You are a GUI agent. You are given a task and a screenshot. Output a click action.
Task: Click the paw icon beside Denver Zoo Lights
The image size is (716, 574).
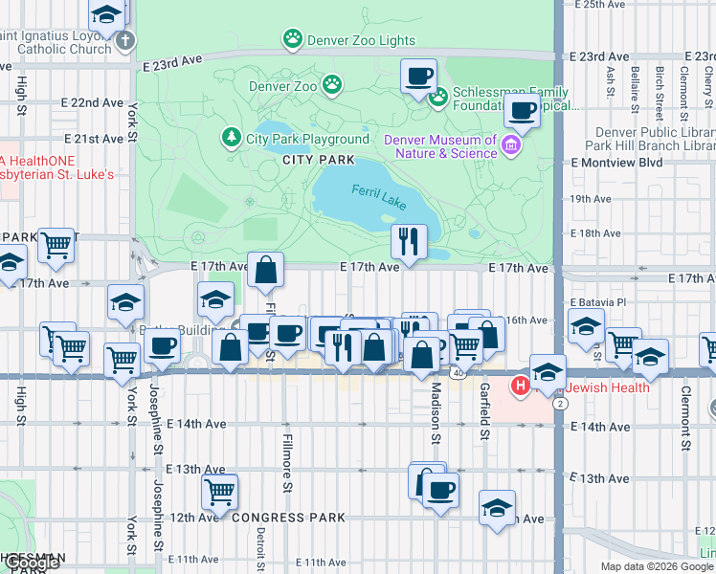point(292,39)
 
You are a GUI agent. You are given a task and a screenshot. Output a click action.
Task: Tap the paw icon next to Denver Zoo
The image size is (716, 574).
point(332,85)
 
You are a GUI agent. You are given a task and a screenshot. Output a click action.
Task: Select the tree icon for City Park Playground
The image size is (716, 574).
point(231,139)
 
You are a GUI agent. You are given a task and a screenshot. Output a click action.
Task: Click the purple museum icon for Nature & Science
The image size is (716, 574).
point(511,146)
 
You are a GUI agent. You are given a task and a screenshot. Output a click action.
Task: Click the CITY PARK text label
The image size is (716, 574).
point(319,160)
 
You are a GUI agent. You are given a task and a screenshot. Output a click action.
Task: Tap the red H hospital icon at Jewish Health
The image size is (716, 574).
point(521,386)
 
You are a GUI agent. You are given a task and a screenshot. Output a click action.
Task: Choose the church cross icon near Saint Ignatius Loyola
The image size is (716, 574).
point(125,41)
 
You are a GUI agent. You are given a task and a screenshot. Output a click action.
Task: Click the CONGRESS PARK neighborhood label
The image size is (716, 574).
point(288,518)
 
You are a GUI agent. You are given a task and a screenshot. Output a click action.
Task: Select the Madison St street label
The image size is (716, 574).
point(435,414)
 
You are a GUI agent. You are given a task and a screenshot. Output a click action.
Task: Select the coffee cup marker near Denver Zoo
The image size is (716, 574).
point(417,77)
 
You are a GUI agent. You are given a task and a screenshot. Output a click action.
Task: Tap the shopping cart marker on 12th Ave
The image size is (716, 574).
point(219,493)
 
